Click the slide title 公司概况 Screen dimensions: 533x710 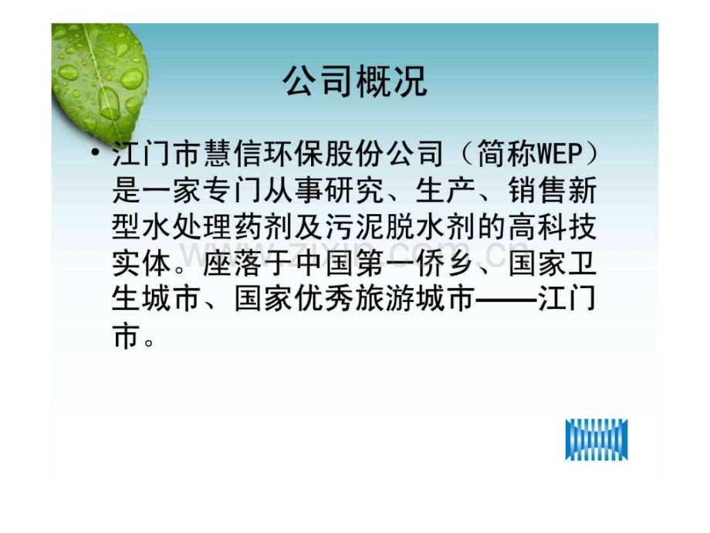[x=354, y=81]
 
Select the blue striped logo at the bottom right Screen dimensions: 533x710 [x=597, y=440]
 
